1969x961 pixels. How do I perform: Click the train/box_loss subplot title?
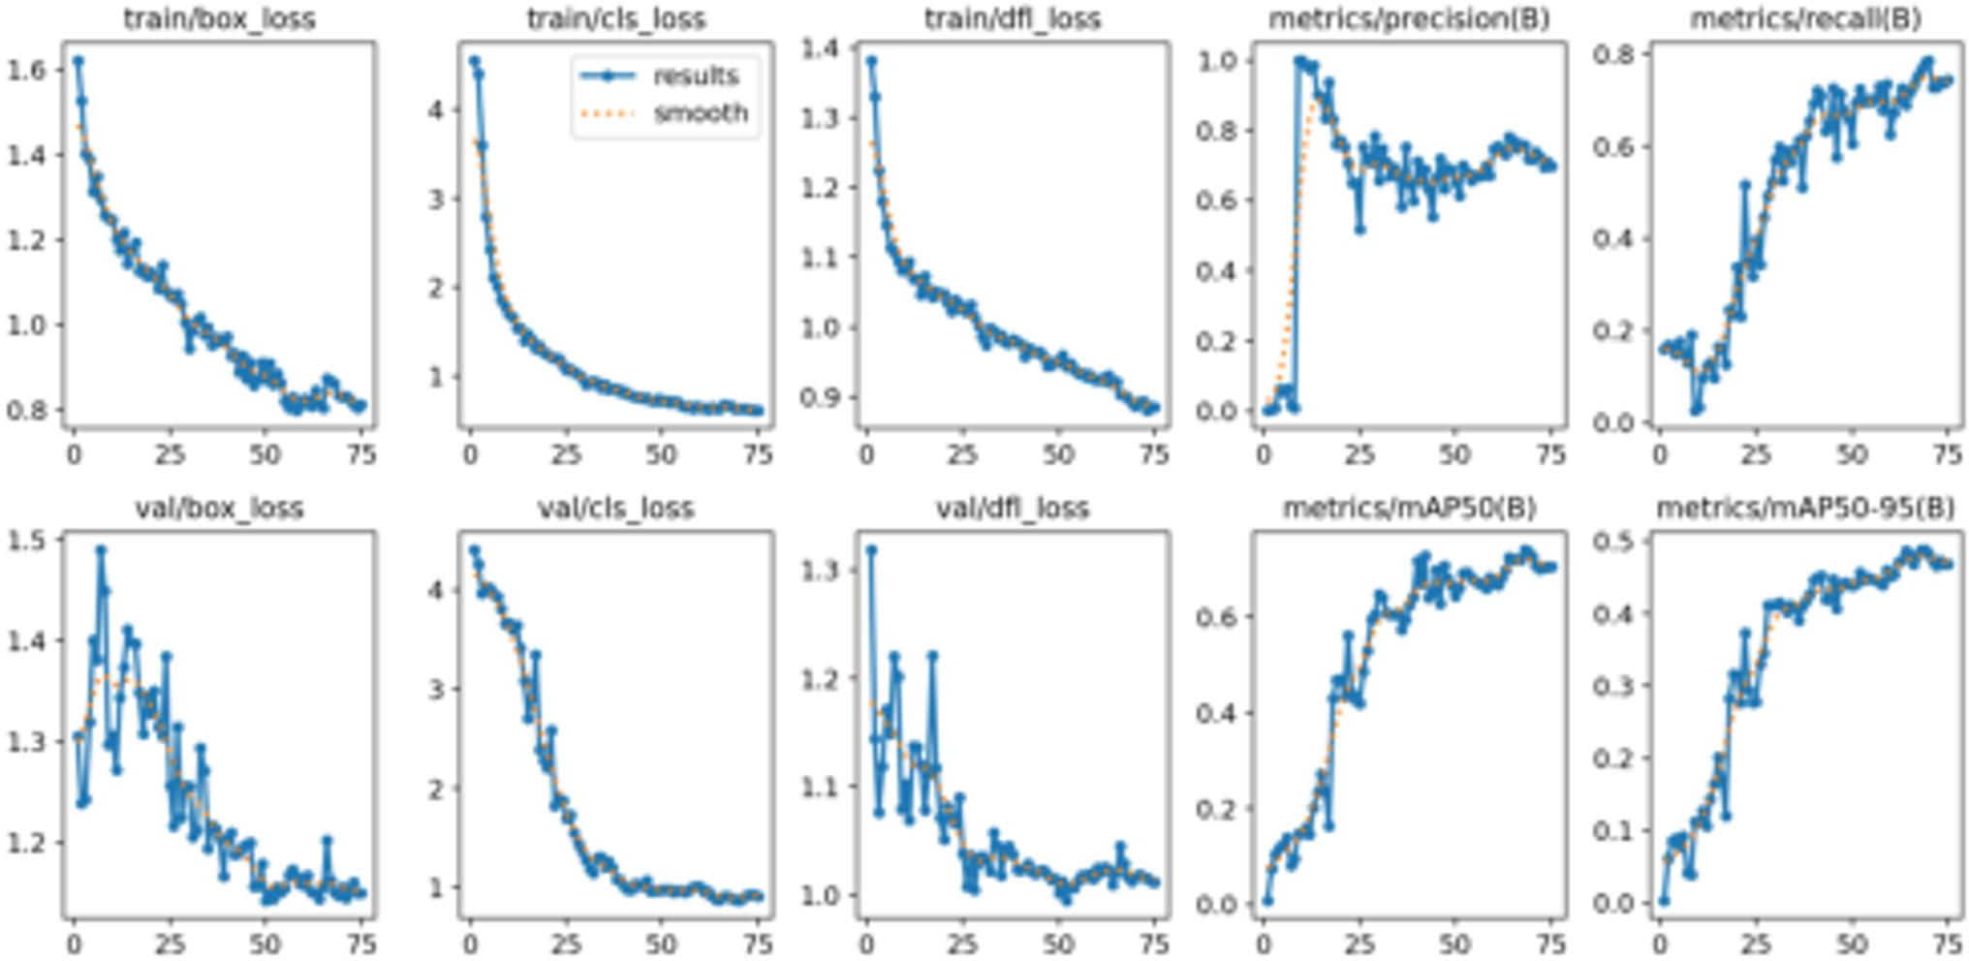[219, 18]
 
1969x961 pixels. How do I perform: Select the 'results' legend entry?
[695, 76]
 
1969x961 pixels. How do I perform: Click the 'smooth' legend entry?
[700, 113]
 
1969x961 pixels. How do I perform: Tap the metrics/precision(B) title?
[1409, 18]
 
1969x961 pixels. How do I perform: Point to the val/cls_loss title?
[615, 508]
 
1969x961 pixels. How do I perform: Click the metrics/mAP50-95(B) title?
[1804, 508]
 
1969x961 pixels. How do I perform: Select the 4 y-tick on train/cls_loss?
[436, 109]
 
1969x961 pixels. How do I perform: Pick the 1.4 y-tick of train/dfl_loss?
[821, 48]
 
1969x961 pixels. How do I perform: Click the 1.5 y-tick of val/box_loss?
[27, 540]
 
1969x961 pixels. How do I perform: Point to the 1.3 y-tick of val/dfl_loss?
[821, 570]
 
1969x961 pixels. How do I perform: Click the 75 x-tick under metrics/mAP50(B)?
[1550, 943]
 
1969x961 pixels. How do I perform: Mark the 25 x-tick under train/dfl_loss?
[961, 453]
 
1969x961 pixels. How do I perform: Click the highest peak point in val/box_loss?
[101, 550]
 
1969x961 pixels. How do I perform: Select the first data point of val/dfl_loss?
[871, 549]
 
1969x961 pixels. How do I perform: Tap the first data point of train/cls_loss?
[474, 61]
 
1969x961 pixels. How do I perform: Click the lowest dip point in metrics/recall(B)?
[1696, 411]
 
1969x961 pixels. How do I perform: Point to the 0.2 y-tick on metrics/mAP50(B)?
[1217, 809]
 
